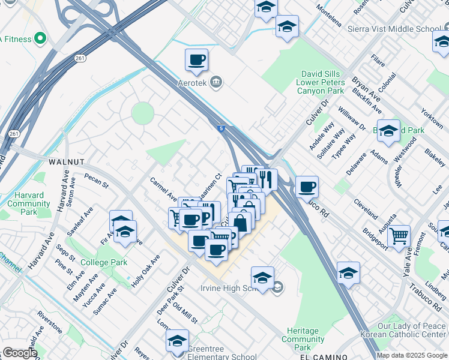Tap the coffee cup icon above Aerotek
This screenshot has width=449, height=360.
(x=196, y=60)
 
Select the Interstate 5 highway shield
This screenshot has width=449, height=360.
(x=221, y=128)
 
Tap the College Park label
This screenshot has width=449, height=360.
(x=103, y=262)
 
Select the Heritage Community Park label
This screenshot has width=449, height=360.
(x=303, y=339)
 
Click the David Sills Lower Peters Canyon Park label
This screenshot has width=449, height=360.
(x=321, y=83)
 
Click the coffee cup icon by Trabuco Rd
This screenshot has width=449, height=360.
(x=307, y=187)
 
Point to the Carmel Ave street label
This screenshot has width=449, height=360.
(x=163, y=188)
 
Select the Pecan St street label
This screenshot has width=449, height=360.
(x=96, y=181)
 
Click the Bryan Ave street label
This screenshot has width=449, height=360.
(x=366, y=91)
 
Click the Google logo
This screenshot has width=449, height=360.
(x=19, y=353)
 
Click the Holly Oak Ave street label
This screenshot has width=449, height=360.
(x=146, y=270)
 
